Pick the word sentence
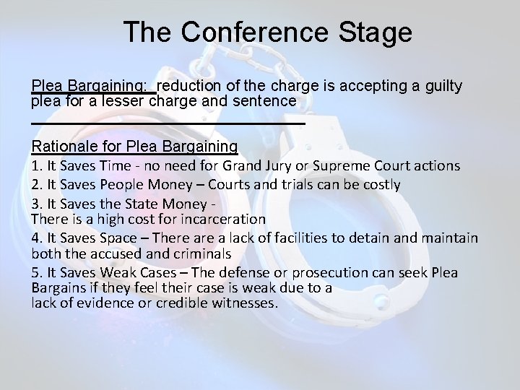point(261,102)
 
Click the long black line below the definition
point(168,124)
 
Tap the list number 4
point(35,237)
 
